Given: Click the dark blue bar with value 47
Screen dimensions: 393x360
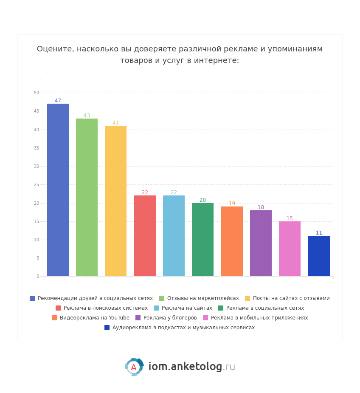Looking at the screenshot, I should pyautogui.click(x=58, y=190).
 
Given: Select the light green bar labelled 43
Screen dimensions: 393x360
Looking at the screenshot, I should pyautogui.click(x=87, y=197).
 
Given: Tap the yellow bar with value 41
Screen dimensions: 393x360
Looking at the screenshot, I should pyautogui.click(x=115, y=201).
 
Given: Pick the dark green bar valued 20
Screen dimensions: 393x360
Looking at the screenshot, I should pyautogui.click(x=202, y=240).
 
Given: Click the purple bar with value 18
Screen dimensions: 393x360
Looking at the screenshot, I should pyautogui.click(x=261, y=243).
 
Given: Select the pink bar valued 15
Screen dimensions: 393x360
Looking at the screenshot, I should pyautogui.click(x=290, y=249).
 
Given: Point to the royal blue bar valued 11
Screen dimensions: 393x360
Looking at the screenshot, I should pyautogui.click(x=319, y=256).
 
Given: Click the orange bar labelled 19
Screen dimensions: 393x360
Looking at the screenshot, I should pyautogui.click(x=232, y=241).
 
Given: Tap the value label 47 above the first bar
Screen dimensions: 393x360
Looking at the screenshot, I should pyautogui.click(x=58, y=101).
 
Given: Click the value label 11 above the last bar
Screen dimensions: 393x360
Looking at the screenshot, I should pyautogui.click(x=319, y=233).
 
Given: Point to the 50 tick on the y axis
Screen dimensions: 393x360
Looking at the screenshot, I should pyautogui.click(x=37, y=93).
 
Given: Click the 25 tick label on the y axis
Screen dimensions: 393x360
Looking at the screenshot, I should pyautogui.click(x=37, y=184).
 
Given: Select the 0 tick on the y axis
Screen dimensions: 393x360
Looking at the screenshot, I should pyautogui.click(x=37, y=276).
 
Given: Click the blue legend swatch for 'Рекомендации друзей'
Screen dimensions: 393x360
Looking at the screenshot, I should pyautogui.click(x=32, y=298).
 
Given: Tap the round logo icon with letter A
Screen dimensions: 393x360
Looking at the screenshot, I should pyautogui.click(x=134, y=367).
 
